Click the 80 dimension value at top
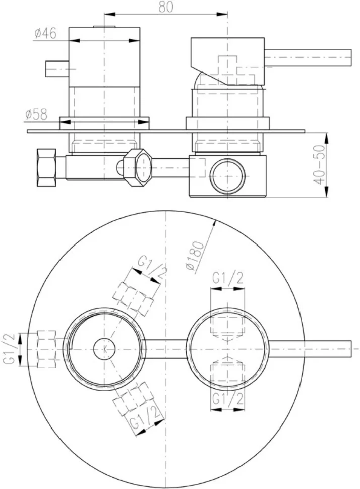coord(165,7)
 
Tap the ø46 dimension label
coord(45,33)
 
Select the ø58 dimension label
coord(36,115)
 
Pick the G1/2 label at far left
coord(10,349)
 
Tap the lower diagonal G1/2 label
coord(145,417)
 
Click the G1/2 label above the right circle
coord(227,278)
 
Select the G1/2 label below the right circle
coord(227,399)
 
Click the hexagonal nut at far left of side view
coord(47,168)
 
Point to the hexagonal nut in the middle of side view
coord(137,168)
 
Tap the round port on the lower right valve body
coord(227,176)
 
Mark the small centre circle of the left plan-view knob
coord(104,349)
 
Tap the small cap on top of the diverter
coord(105,26)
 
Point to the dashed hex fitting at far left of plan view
coord(47,349)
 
